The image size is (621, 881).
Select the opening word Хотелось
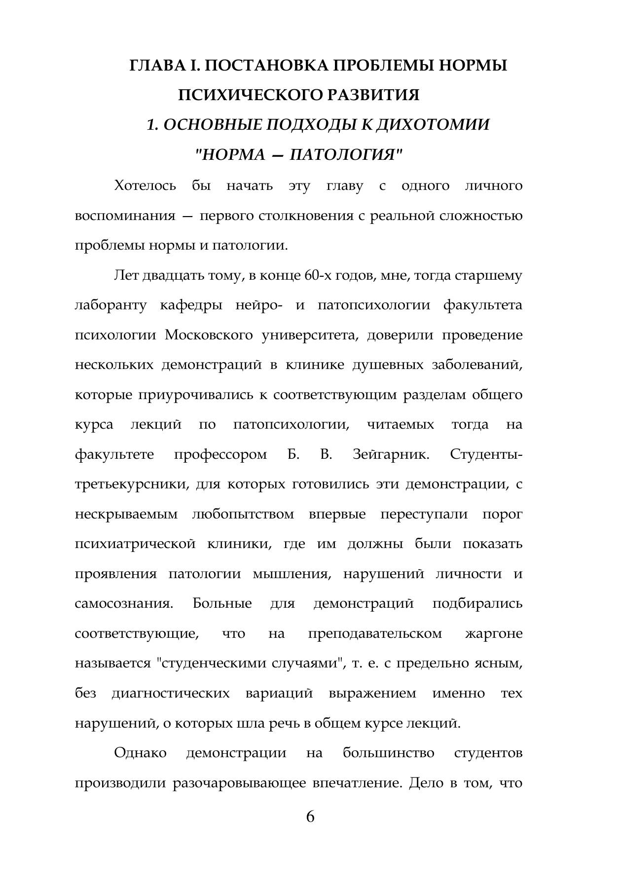145,186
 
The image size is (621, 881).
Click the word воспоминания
125,216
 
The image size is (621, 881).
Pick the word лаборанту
110,305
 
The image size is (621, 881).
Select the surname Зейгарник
391,454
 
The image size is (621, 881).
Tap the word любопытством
243,514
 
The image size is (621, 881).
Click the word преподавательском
375,633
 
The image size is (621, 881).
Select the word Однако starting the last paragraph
140,753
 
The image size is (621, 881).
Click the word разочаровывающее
239,783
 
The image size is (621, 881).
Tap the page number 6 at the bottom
310,817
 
